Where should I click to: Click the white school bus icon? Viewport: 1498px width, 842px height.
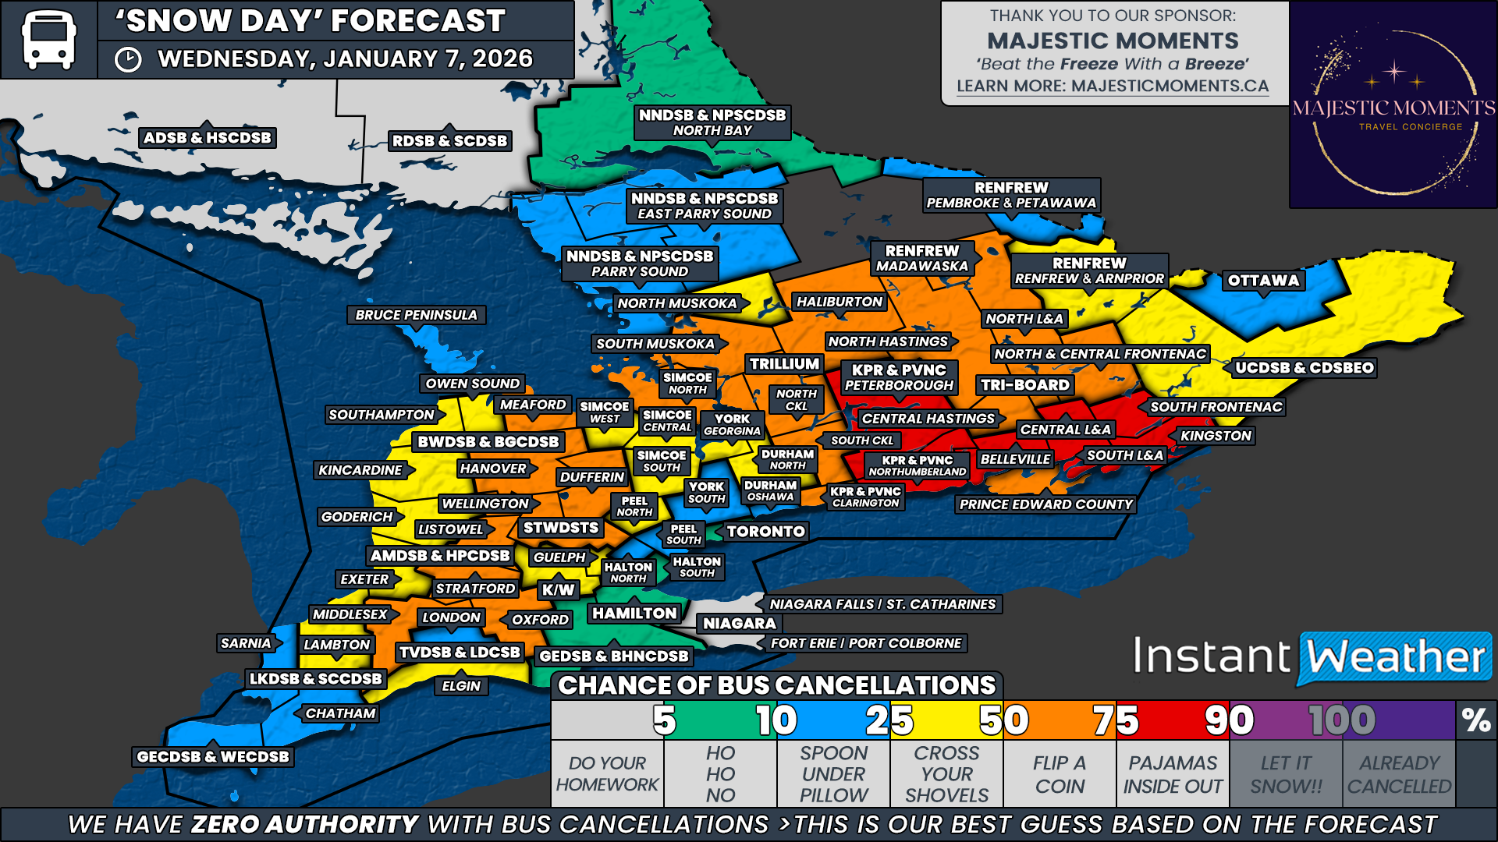tap(48, 39)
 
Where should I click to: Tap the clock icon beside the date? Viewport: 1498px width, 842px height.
tap(128, 60)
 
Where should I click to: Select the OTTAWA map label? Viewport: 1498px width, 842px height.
tap(1263, 281)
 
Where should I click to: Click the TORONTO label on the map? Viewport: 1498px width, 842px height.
tap(765, 532)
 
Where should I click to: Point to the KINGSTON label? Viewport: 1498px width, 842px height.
tap(1216, 436)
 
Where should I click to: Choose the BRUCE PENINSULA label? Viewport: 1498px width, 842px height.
tap(416, 315)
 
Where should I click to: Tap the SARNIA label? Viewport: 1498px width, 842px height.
tap(246, 643)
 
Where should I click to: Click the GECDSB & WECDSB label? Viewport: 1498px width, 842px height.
tap(213, 756)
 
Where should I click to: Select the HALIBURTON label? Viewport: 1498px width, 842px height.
tap(839, 302)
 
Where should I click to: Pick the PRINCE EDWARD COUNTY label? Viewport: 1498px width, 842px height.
tap(1045, 504)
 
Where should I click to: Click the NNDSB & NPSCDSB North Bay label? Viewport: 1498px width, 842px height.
tap(712, 122)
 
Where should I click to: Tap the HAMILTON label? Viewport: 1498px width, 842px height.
tap(634, 614)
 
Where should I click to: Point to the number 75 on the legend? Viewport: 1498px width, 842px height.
tap(1116, 720)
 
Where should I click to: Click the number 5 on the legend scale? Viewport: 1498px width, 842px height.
tap(664, 720)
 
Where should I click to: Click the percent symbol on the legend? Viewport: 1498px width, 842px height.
tap(1476, 720)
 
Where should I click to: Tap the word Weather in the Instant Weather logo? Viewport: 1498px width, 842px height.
tap(1395, 657)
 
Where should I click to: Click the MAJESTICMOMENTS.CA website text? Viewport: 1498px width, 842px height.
tap(1170, 87)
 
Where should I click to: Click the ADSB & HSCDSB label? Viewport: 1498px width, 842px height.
tap(208, 138)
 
